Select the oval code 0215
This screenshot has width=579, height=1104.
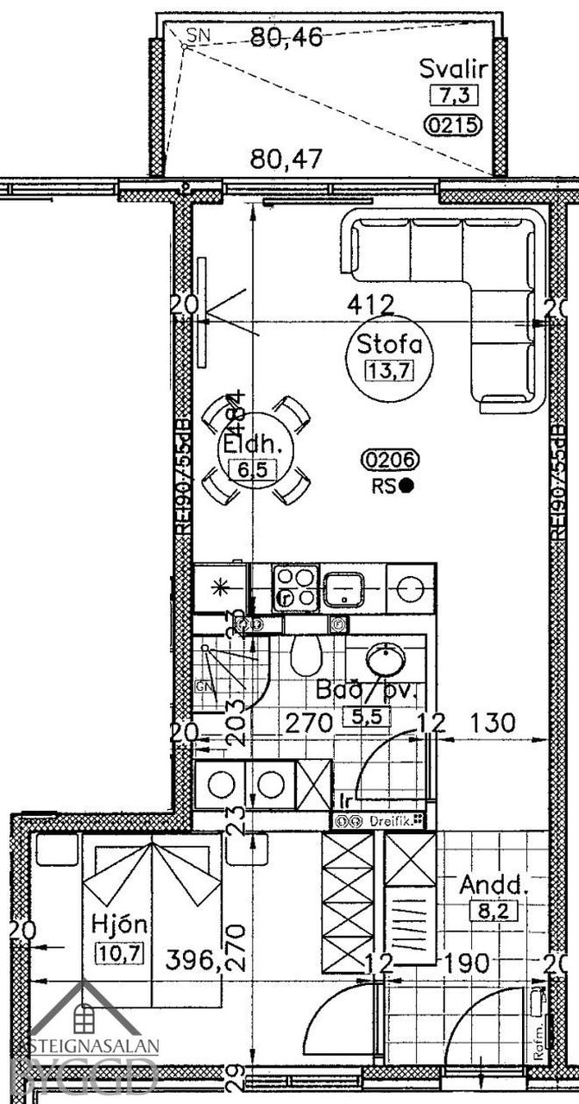(452, 126)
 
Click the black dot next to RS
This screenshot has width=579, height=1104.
(406, 486)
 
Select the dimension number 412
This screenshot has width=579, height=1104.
(370, 304)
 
